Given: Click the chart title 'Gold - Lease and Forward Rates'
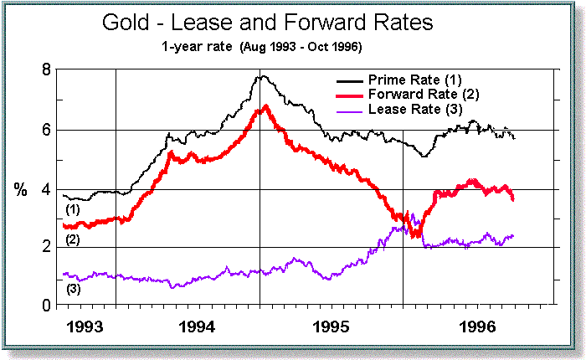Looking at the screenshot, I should click(x=267, y=23).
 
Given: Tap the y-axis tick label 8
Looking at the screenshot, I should click(x=49, y=70).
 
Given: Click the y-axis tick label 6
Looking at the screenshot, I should click(x=49, y=130).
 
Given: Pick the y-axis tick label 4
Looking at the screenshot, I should click(x=49, y=189).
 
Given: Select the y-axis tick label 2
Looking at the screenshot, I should click(x=49, y=248).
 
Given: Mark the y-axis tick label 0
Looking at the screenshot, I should click(x=49, y=306).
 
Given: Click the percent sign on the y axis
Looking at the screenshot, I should click(x=20, y=189).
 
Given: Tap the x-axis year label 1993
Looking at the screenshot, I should click(x=83, y=324).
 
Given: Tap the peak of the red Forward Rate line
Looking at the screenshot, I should click(x=265, y=106).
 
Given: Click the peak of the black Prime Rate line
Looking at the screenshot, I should click(x=262, y=76).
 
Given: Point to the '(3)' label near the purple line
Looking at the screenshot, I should click(x=73, y=290).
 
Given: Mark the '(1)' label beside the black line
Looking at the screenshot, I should click(x=73, y=209).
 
